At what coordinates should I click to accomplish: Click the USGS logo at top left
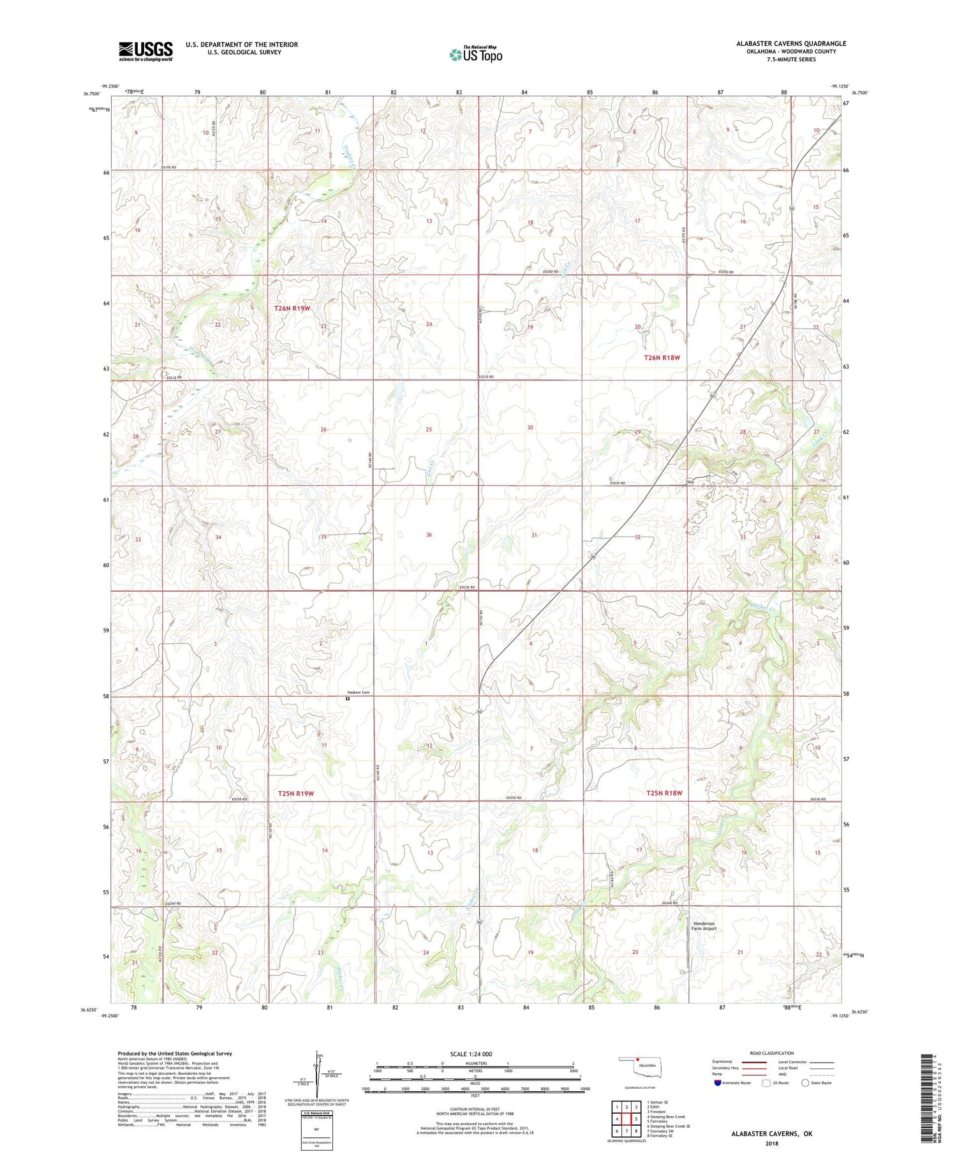point(145,51)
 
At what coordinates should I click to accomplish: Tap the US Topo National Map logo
point(475,54)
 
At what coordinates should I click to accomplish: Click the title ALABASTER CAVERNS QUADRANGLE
point(791,43)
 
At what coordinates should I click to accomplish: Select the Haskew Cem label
point(358,692)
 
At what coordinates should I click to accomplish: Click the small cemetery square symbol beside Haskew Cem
point(348,698)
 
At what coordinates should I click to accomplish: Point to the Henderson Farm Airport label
point(704,926)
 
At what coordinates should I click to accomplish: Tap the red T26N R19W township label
point(292,308)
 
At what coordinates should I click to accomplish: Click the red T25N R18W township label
point(664,793)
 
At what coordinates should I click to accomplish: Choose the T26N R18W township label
point(662,357)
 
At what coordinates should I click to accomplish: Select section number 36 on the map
point(429,535)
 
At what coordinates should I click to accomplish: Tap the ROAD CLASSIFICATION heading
point(772,1053)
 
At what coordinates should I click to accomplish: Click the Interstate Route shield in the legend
point(718,1083)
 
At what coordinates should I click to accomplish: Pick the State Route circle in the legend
point(806,1083)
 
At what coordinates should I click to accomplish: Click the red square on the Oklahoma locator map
point(637,1063)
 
